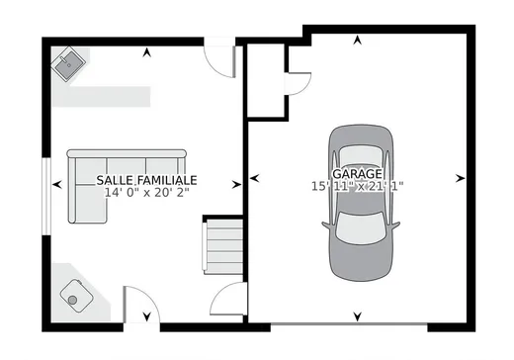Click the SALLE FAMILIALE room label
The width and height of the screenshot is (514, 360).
pyautogui.click(x=146, y=180)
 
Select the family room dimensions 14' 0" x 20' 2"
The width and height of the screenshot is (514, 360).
pyautogui.click(x=146, y=193)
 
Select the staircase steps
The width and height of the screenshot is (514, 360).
pyautogui.click(x=224, y=248)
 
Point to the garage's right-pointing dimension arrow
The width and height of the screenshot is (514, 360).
pyautogui.click(x=462, y=179)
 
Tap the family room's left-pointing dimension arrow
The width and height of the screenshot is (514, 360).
pyautogui.click(x=58, y=184)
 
